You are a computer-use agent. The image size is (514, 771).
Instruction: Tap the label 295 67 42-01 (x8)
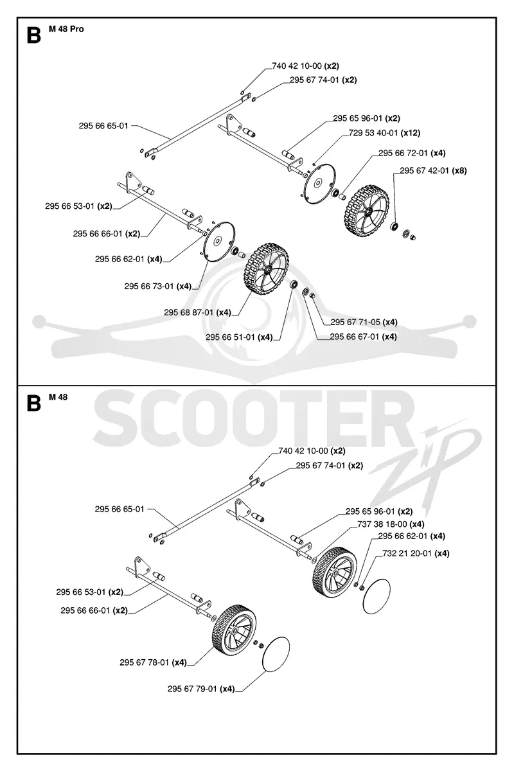click(x=433, y=171)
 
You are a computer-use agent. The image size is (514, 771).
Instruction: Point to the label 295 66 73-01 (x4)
click(x=157, y=287)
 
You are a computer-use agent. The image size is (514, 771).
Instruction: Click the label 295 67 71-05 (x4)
click(x=364, y=322)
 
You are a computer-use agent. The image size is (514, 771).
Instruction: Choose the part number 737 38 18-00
click(x=377, y=524)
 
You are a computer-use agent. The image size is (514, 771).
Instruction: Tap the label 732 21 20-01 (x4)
click(x=416, y=553)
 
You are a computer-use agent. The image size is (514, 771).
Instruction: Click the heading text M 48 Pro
click(x=66, y=30)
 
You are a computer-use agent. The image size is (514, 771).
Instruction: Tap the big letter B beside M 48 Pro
click(x=34, y=35)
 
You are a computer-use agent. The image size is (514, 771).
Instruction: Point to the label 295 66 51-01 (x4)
click(x=239, y=337)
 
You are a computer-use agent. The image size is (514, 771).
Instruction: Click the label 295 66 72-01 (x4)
click(x=412, y=153)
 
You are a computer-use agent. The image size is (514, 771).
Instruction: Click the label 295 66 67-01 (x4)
click(x=363, y=337)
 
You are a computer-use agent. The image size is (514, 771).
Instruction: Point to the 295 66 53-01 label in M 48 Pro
click(x=78, y=206)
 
